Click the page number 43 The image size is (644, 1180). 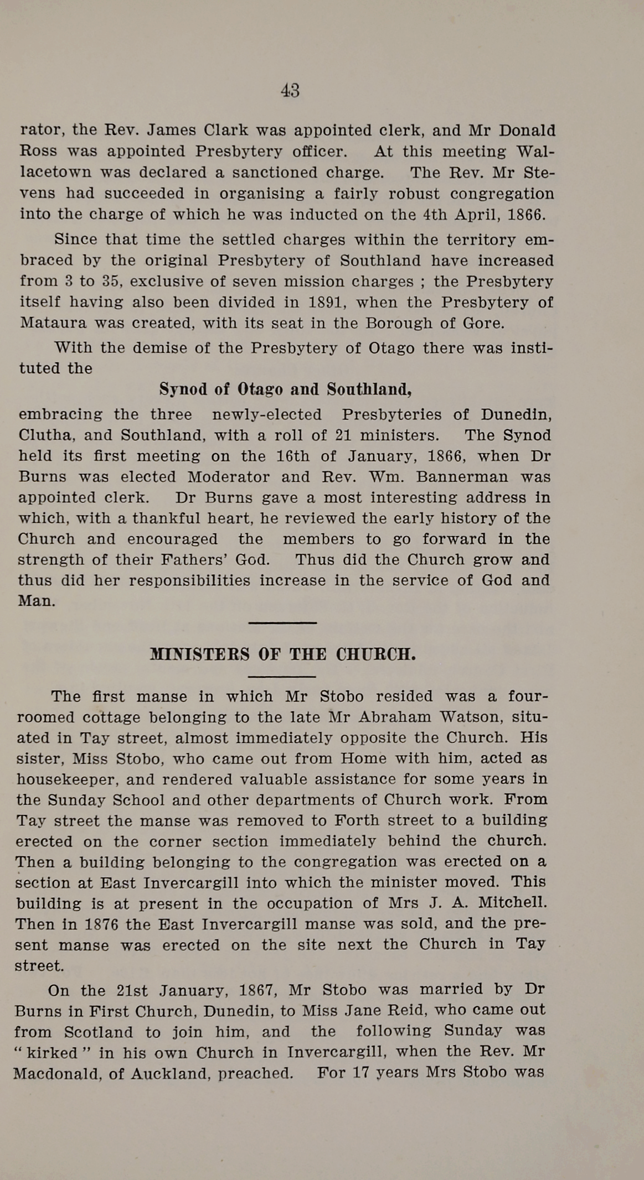pos(290,90)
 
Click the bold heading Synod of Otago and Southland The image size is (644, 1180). pos(285,389)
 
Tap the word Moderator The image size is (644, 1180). pos(228,477)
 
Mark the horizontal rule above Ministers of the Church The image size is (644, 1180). pos(282,623)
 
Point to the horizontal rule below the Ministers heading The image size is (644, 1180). pos(282,677)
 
